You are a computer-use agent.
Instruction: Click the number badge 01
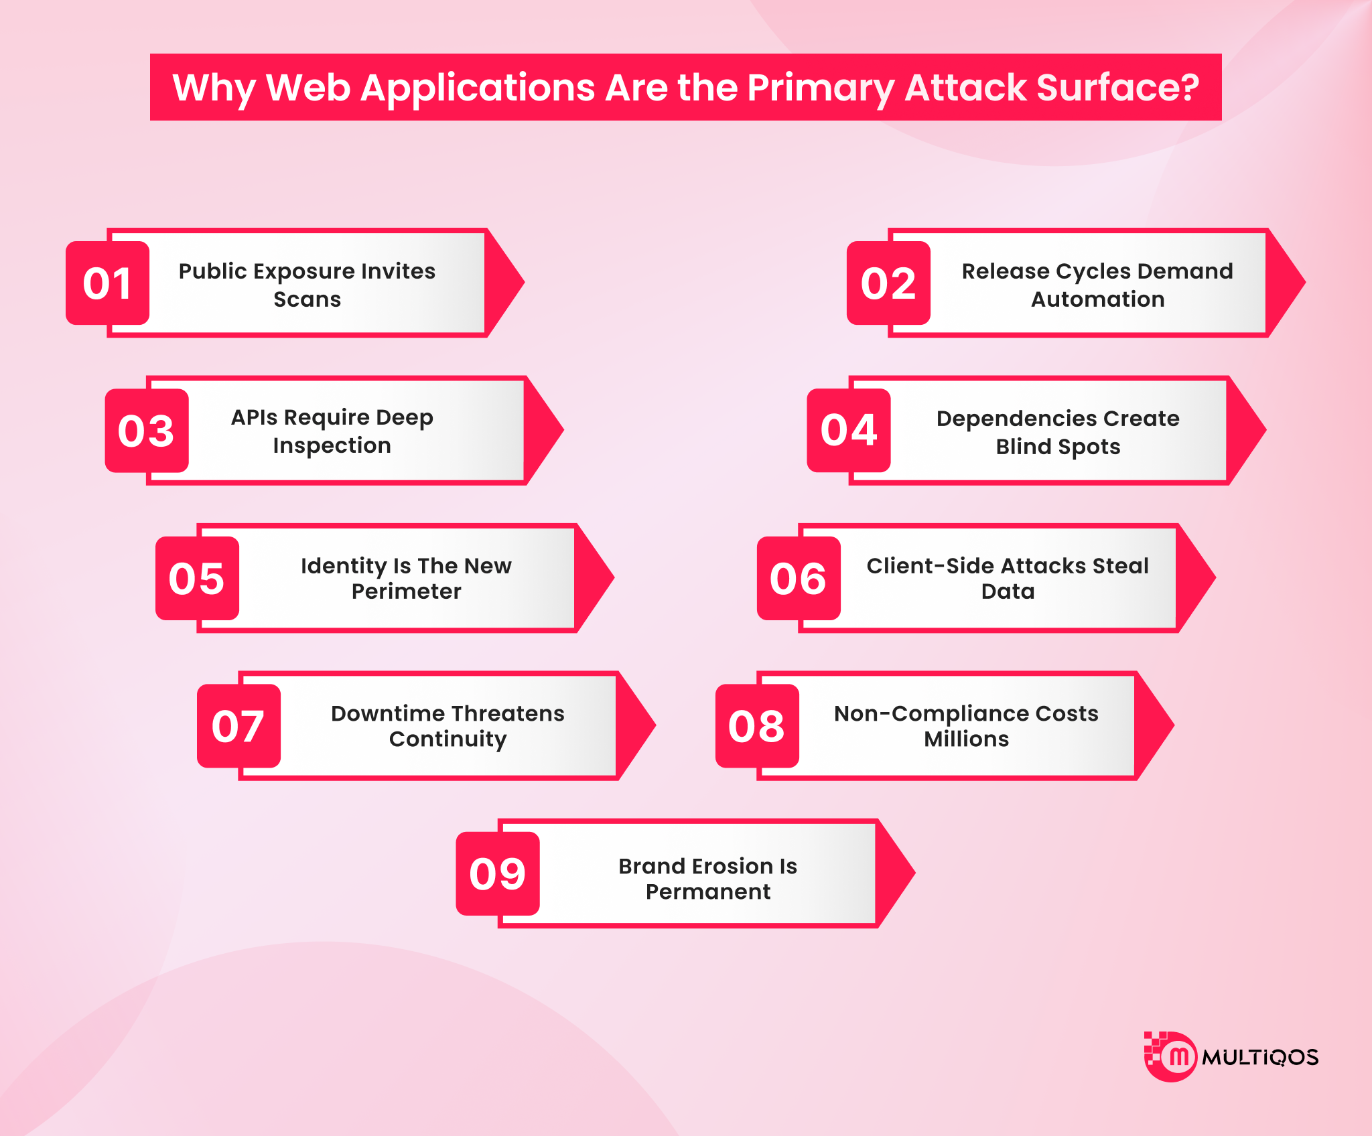coord(107,283)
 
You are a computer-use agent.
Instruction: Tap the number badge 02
coord(888,283)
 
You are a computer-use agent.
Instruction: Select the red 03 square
coord(147,431)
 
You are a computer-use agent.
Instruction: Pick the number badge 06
coord(799,578)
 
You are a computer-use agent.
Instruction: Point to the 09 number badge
coord(498,873)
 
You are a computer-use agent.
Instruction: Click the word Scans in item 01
coord(307,299)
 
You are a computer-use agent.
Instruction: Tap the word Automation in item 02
coord(1097,299)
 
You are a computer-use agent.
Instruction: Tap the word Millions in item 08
coord(966,739)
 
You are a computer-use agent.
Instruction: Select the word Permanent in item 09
coord(708,892)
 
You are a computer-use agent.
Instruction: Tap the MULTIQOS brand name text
coord(1259,1058)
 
